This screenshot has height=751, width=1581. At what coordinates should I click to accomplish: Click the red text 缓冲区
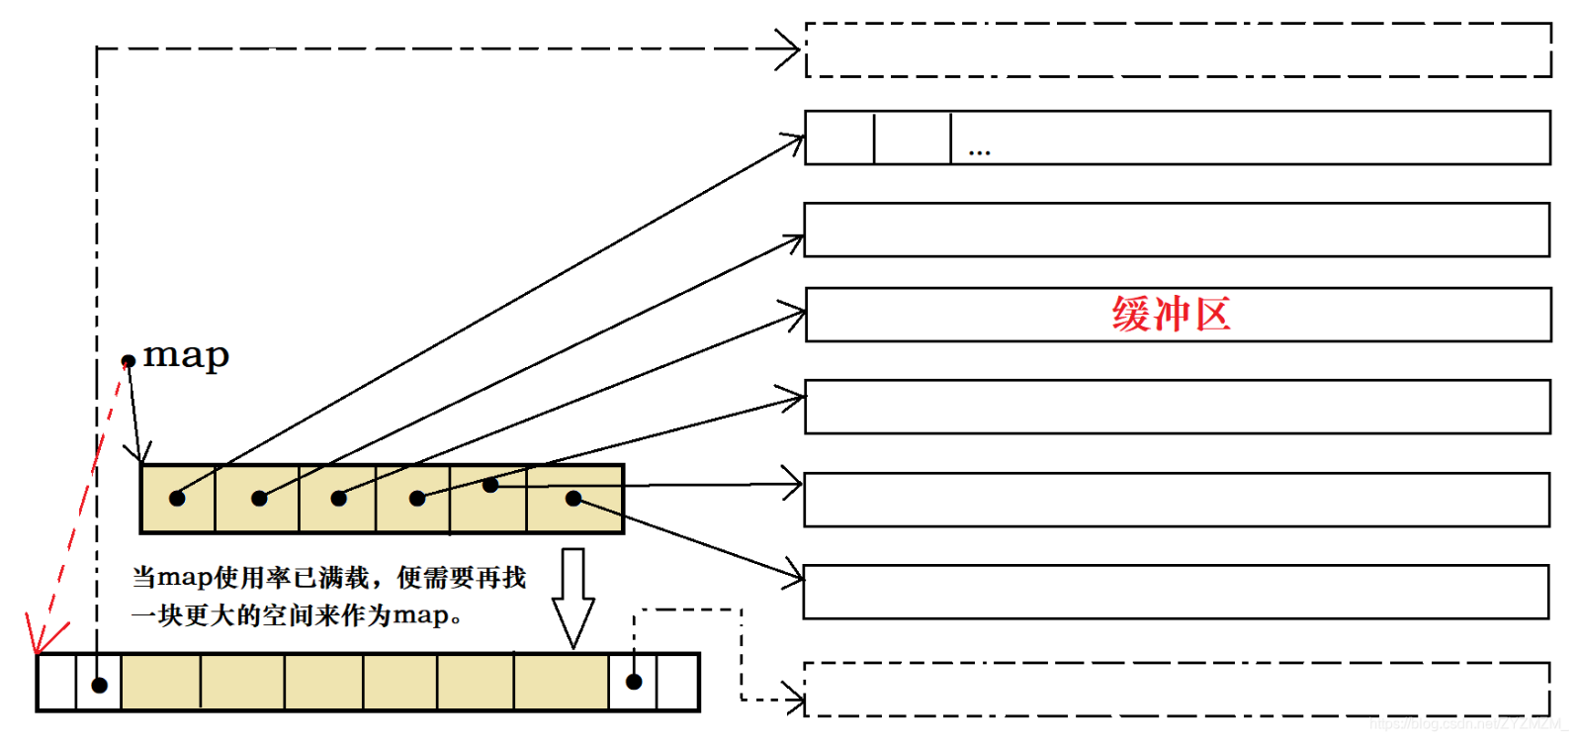pos(1171,315)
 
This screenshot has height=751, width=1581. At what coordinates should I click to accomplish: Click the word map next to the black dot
pos(186,355)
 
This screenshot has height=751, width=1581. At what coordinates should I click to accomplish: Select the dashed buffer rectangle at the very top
pos(1178,49)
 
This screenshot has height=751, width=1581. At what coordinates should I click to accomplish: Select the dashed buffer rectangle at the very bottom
pos(1177,689)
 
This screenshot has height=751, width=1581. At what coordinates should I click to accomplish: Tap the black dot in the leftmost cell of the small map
pos(177,498)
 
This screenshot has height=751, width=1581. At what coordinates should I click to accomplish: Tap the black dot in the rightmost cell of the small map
pos(573,498)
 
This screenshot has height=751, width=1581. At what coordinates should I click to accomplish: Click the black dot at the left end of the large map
pos(99,685)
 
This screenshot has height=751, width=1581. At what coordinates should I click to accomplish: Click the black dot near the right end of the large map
pos(634,682)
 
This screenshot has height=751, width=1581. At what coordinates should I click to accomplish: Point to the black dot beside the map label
pos(129,361)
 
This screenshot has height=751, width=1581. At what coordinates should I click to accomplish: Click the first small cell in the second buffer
pos(839,138)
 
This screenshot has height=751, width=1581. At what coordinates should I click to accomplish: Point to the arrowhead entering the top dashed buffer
pos(792,48)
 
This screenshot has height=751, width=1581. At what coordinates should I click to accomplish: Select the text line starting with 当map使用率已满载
pos(328,577)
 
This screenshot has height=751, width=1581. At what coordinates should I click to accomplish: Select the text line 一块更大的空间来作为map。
pos(297,615)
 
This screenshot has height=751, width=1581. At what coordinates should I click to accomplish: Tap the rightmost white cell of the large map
pos(677,682)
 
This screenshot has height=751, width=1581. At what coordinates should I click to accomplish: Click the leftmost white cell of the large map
pos(56,682)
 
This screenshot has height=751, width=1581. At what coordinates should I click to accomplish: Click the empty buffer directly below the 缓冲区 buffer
pos(1177,407)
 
